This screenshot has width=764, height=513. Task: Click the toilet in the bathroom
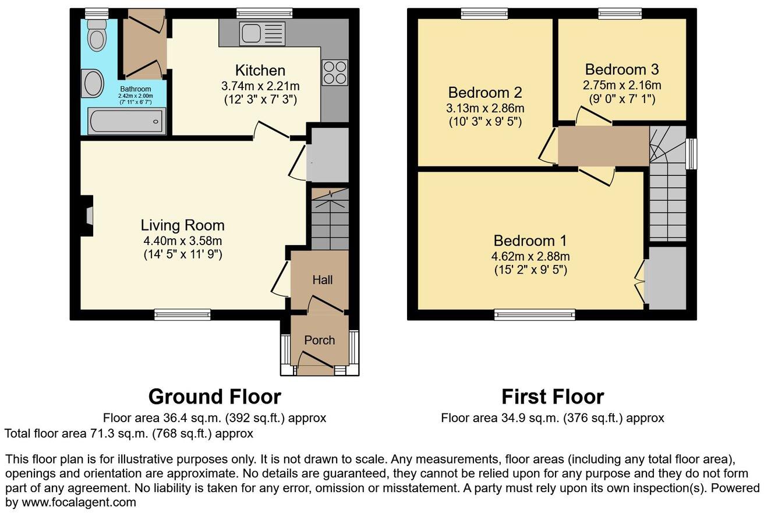click(x=96, y=36)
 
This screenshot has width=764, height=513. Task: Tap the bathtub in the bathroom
click(x=126, y=121)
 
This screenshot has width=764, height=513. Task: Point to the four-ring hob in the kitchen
click(x=334, y=73)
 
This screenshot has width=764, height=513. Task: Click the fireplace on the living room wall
click(x=87, y=216)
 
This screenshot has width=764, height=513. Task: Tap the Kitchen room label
click(x=260, y=70)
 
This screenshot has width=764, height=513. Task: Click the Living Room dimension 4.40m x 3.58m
click(x=182, y=240)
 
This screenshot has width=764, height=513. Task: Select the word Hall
click(x=322, y=280)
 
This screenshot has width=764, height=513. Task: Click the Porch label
click(x=319, y=340)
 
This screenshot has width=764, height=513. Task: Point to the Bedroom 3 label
click(x=621, y=70)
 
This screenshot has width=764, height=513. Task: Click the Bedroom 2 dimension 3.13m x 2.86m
click(x=485, y=108)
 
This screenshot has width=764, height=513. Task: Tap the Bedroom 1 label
click(x=530, y=240)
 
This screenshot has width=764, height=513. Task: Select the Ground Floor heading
click(x=214, y=397)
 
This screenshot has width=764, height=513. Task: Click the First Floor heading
click(x=552, y=397)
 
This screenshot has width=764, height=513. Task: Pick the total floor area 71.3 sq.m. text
click(x=129, y=433)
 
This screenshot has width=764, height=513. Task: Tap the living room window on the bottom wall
click(x=182, y=315)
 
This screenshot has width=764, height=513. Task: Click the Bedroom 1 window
click(x=535, y=315)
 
